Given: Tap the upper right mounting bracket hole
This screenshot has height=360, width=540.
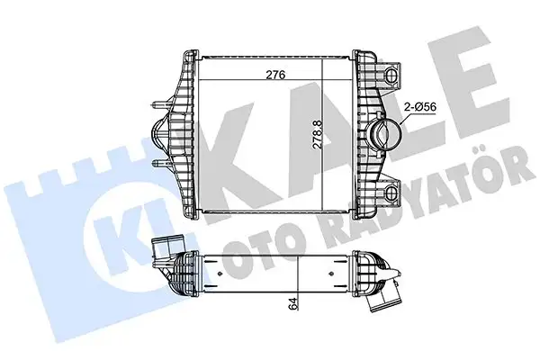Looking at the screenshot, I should pyautogui.click(x=391, y=71).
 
